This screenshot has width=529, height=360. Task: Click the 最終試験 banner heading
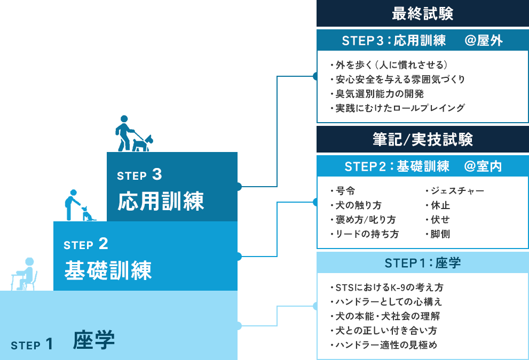[x=422, y=14]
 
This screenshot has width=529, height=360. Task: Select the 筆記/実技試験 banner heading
[x=422, y=140]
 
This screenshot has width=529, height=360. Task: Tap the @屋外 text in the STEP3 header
[x=484, y=41]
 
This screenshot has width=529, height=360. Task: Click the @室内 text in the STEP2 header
[x=483, y=166]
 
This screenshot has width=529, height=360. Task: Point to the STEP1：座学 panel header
[x=422, y=263]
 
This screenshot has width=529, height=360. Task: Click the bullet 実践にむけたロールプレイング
[x=400, y=108]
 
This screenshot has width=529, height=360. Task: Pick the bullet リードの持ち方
[x=367, y=234]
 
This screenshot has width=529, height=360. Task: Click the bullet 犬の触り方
[x=358, y=205]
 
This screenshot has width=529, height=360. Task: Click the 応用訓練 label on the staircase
[x=161, y=201]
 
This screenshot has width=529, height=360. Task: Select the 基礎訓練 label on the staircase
[x=108, y=270]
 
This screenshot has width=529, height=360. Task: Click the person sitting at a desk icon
[x=25, y=274]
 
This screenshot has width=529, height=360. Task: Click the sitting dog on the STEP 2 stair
[x=88, y=214]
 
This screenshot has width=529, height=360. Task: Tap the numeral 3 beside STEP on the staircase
[x=156, y=174]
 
